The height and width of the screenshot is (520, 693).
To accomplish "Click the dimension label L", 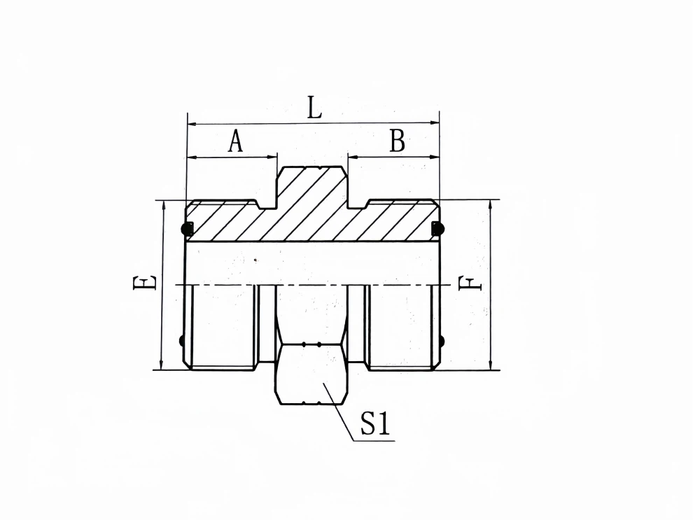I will [314, 108].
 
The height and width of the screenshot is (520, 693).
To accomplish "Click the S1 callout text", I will [374, 424].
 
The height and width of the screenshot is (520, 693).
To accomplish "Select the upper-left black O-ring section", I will [188, 228].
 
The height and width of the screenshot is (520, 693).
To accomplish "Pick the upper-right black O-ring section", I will [438, 228].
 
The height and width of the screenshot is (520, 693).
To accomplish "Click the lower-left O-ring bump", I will [183, 342].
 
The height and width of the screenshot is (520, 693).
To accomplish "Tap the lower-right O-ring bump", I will [442, 342].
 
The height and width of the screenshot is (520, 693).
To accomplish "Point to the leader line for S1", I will [341, 413].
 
